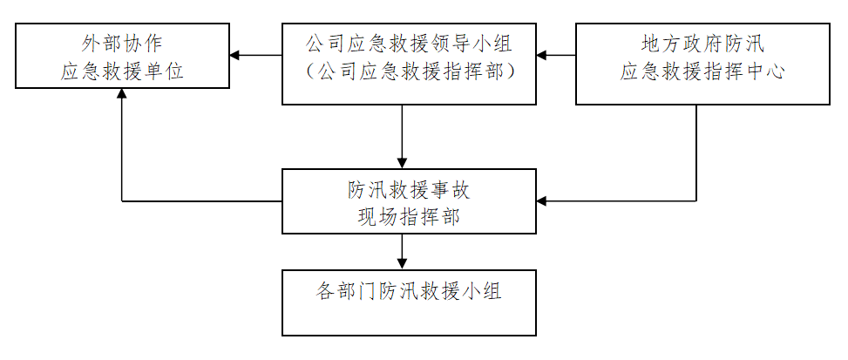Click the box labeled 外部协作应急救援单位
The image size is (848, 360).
pos(122,57)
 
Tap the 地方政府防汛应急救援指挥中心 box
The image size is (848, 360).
pos(702,65)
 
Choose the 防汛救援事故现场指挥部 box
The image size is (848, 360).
pos(409,201)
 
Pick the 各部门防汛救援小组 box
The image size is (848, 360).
pos(409,303)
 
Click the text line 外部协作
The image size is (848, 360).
pos(122,42)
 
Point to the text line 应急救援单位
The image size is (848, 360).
pos(122,72)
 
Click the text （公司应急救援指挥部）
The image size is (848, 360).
pos(409,72)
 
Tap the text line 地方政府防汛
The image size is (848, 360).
pos(702,42)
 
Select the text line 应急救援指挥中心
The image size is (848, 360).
pos(702,72)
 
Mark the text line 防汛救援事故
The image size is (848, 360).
pos(409,188)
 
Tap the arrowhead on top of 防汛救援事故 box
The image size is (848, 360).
pos(402,163)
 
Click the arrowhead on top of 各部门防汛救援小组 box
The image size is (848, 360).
pos(402,264)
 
